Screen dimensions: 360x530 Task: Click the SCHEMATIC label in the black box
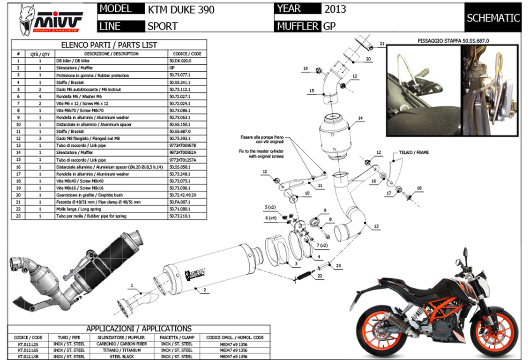[493, 18]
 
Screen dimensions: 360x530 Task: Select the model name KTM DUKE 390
[181, 9]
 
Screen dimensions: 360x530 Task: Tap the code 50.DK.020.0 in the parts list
[180, 61]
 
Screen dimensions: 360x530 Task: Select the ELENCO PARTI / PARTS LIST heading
[109, 45]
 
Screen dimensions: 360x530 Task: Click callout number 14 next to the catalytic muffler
[360, 119]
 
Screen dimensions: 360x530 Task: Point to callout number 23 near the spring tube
[338, 266]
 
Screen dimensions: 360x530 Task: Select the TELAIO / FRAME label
[414, 153]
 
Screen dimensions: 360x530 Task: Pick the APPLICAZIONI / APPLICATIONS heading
[139, 329]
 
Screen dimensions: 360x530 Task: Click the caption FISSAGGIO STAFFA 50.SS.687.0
[452, 41]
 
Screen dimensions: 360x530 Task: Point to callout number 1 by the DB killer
[132, 285]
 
